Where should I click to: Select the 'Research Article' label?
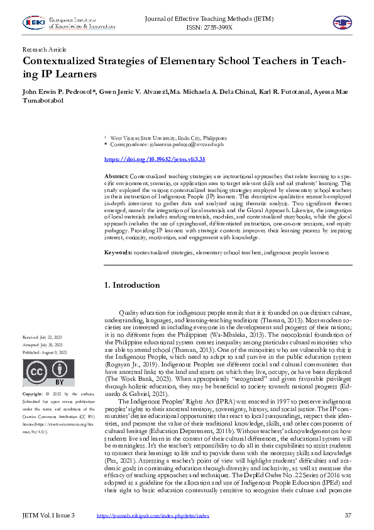44,49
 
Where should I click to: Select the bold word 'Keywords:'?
118,252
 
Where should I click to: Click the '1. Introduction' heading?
132,285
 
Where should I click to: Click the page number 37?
347,516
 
